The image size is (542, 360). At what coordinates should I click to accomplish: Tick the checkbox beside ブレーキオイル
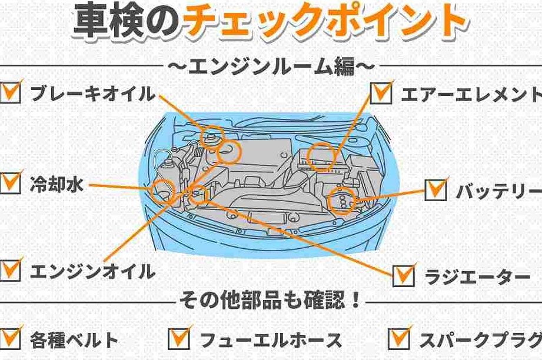click(x=11, y=93)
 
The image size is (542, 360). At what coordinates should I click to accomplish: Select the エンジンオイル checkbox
click(x=10, y=271)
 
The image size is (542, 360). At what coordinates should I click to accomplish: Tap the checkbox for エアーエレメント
click(x=381, y=93)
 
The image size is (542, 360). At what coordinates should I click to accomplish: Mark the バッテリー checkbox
click(x=436, y=189)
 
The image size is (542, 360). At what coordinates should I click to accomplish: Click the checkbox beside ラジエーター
click(x=404, y=274)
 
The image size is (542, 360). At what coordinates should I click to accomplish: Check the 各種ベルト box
click(x=10, y=338)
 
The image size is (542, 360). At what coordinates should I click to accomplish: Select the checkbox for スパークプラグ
click(x=400, y=338)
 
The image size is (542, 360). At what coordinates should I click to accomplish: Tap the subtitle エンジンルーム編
click(x=271, y=66)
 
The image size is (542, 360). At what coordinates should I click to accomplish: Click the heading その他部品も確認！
click(x=271, y=304)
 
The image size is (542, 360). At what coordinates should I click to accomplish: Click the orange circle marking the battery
click(x=341, y=199)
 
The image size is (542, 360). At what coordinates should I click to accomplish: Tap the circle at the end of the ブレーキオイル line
click(x=212, y=135)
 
